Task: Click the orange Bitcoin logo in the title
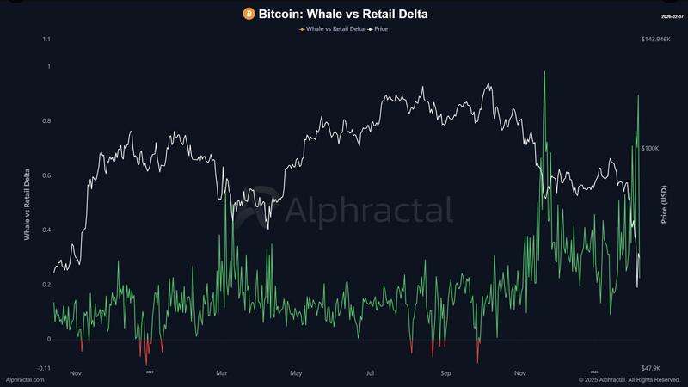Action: coord(249,14)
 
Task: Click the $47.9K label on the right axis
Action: coord(652,368)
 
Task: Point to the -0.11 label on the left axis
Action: coord(43,368)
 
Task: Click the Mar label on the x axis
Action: coord(221,373)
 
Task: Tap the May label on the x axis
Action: coord(296,373)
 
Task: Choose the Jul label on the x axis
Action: coord(370,373)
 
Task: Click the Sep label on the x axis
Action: coord(445,373)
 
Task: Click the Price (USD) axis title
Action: coord(664,204)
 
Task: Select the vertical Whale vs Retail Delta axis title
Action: coord(27,204)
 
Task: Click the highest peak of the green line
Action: coord(544,71)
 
